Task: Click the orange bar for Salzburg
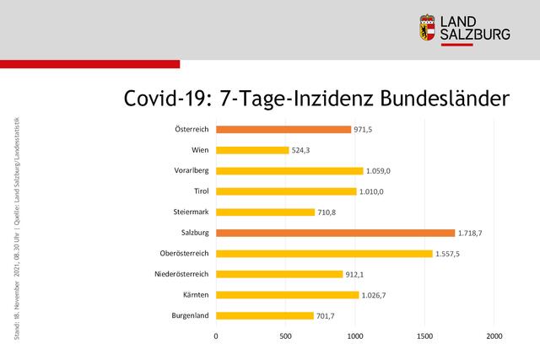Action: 335,233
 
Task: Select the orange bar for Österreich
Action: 283,129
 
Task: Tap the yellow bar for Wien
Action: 252,150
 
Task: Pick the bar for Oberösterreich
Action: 324,253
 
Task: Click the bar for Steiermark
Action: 265,212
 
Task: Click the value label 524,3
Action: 302,150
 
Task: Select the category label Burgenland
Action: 189,316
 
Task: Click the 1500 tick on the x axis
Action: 424,336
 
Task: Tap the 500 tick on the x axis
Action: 285,336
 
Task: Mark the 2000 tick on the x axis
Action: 494,336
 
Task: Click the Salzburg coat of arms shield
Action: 428,27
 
